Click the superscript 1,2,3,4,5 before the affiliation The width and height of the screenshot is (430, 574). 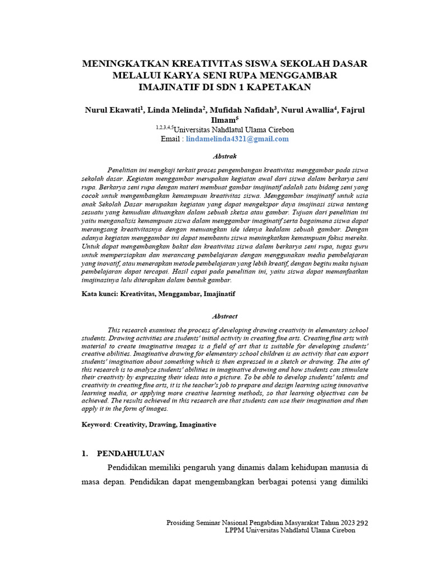(165, 128)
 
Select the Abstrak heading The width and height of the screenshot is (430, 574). (225, 156)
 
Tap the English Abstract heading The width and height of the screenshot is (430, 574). (225, 316)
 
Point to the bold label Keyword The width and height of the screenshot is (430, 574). (96, 425)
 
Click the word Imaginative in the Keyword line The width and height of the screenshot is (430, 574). (197, 425)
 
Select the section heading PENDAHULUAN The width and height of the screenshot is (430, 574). (131, 453)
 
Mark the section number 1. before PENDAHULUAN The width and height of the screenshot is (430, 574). (85, 453)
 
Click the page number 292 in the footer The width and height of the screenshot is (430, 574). (363, 522)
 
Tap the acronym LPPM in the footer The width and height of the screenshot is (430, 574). (234, 530)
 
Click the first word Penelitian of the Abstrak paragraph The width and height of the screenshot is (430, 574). (122, 170)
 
